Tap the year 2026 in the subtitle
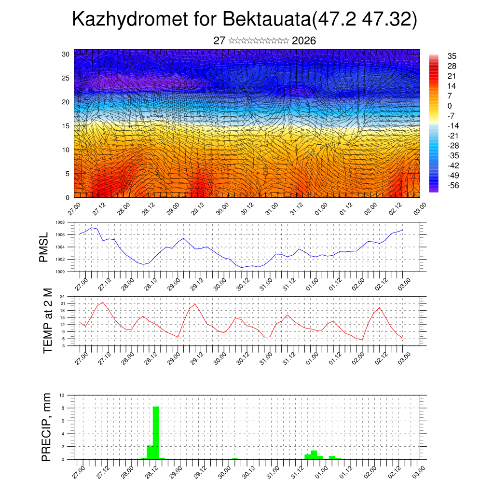pos(304,41)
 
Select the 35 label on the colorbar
pos(452,56)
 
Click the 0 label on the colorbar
pos(450,106)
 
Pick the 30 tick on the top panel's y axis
pos(66,54)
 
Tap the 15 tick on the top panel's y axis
pos(66,126)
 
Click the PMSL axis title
pos(44,247)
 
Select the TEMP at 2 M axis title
pos(47,321)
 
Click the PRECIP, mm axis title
pos(46,427)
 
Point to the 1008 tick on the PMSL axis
pos(60,223)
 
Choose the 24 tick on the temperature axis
pos(62,297)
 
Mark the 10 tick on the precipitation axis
pos(62,395)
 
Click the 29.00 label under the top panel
pos(173,209)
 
